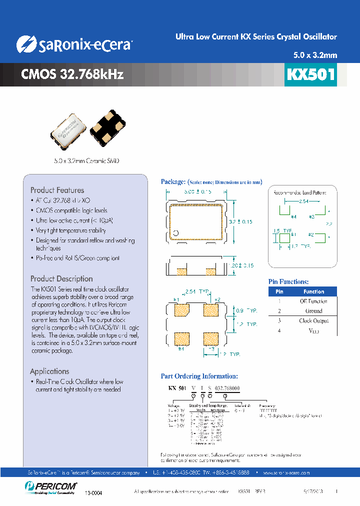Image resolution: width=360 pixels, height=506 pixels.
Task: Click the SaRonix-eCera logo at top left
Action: point(74,44)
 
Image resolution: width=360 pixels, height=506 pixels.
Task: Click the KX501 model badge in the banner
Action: point(310,74)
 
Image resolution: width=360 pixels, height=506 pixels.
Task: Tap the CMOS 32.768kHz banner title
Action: point(72,74)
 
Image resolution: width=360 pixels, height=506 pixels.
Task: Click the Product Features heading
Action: point(57,190)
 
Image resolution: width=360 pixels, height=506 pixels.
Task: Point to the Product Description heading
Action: point(61,278)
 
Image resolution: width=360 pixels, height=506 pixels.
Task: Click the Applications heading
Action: point(49,371)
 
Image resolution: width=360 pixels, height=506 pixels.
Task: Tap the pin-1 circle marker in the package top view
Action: point(176,233)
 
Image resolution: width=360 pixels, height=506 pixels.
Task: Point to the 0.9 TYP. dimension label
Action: point(246,310)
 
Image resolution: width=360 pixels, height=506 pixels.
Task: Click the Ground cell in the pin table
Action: point(313,311)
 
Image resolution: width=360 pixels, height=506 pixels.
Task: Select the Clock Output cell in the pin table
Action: point(313,320)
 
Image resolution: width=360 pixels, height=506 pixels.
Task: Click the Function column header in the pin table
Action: point(313,291)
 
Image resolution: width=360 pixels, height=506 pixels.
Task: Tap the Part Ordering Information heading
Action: point(199,376)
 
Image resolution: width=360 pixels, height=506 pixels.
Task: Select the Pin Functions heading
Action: point(288,282)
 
